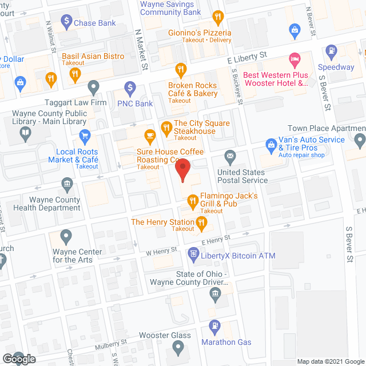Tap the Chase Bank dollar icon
pyautogui.click(x=66, y=23)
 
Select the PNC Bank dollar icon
pyautogui.click(x=129, y=89)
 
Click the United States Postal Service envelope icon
pyautogui.click(x=230, y=156)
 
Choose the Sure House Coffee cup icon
pyautogui.click(x=150, y=136)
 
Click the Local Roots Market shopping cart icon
pyautogui.click(x=85, y=136)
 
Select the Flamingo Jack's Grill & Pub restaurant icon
pyautogui.click(x=191, y=201)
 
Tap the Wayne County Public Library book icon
pyautogui.click(x=25, y=134)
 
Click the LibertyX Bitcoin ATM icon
pyautogui.click(x=193, y=253)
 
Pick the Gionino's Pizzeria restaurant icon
pyautogui.click(x=217, y=17)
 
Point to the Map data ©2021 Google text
pyautogui.click(x=330, y=361)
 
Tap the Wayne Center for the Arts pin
pyautogui.click(x=67, y=235)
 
